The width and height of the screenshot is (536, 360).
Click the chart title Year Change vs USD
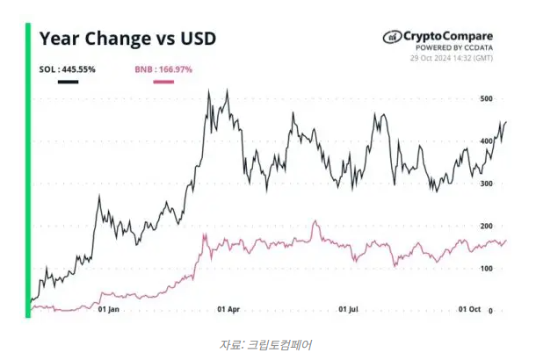(128, 40)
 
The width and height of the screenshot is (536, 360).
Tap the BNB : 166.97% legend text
(163, 68)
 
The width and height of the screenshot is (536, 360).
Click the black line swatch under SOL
(68, 83)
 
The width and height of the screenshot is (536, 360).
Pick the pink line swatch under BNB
(163, 83)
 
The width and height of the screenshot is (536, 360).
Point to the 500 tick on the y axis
(486, 98)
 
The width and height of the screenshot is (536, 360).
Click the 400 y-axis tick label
(486, 140)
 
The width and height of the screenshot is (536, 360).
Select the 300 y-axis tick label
(486, 184)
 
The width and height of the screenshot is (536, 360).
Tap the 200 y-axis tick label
(486, 226)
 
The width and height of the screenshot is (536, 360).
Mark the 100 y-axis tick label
(486, 268)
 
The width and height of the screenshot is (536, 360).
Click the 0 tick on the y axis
(489, 310)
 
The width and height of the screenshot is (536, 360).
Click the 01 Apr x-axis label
(228, 310)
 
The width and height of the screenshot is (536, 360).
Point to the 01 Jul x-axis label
(350, 310)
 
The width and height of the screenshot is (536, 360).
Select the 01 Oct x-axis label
(470, 310)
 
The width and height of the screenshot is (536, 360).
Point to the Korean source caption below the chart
(265, 344)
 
